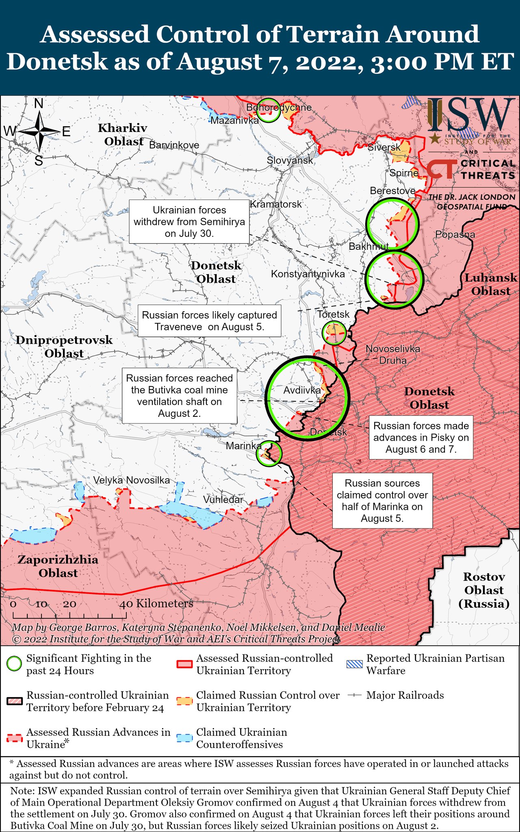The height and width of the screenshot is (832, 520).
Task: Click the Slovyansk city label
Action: (290, 160)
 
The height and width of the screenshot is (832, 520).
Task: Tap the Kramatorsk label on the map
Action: (276, 204)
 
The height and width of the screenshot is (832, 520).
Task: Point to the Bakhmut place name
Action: (368, 246)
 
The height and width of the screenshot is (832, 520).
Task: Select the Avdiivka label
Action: (302, 390)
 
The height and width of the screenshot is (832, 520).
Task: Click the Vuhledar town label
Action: (223, 499)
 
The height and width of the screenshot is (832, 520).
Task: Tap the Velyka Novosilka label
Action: (132, 480)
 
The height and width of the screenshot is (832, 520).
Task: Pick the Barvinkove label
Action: (174, 145)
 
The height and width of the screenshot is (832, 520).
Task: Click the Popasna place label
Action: (455, 234)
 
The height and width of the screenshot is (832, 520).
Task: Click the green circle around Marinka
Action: (269, 453)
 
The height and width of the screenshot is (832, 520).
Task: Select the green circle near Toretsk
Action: (334, 333)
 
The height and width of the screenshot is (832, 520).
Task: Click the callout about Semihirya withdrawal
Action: (189, 221)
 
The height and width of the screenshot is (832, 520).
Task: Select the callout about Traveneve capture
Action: (209, 321)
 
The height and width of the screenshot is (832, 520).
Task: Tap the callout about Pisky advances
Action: (421, 438)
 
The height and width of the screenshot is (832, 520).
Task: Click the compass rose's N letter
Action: (39, 104)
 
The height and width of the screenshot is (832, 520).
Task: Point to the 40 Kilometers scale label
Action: (156, 604)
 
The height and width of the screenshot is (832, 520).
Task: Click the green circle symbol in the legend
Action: (14, 664)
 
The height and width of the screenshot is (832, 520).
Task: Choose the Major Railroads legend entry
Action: (405, 695)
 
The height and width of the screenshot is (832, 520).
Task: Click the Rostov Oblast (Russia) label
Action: (483, 590)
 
